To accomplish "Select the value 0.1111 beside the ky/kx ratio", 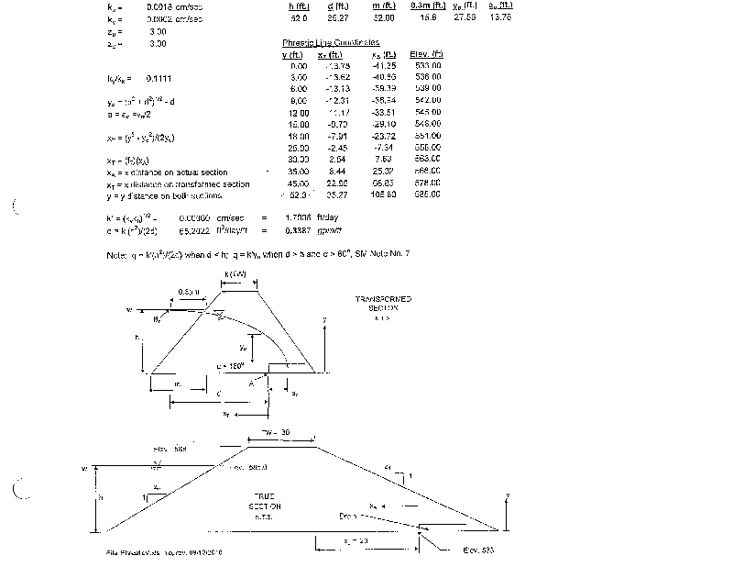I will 158,78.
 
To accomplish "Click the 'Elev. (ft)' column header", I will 426,55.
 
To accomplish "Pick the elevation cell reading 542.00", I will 428,99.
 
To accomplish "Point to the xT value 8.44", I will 328,170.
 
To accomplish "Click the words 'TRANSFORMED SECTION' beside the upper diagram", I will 382,305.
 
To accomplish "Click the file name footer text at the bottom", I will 159,553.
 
